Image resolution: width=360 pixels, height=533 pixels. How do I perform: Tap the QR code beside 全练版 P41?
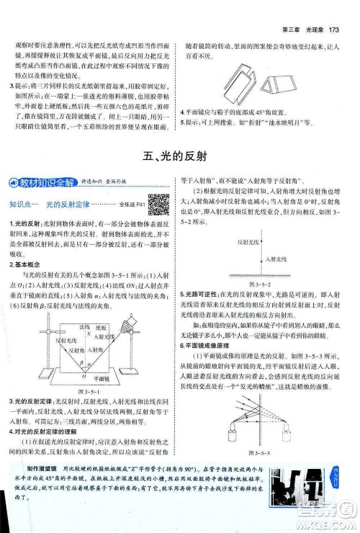point(159,204)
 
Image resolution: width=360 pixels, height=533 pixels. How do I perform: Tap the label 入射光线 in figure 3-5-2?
point(276,258)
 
